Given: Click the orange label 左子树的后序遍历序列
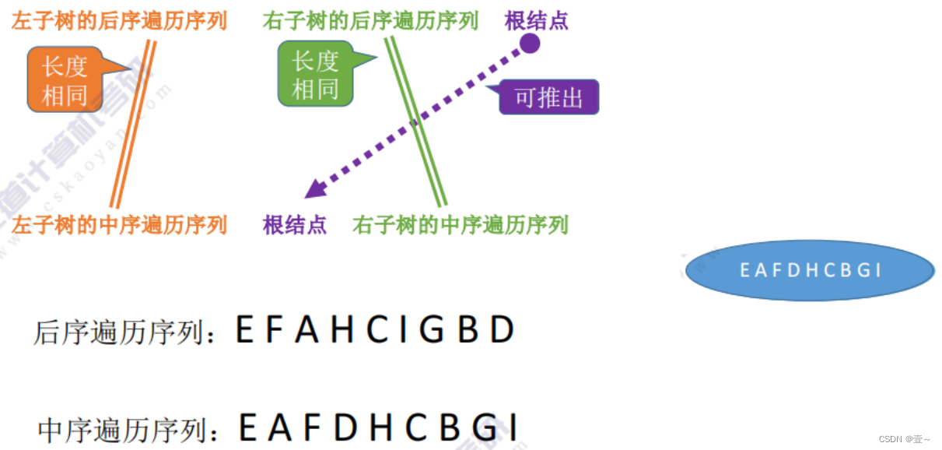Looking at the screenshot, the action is point(119,21).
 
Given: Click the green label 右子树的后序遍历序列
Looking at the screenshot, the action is point(370,21).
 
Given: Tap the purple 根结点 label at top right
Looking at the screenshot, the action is point(536,21).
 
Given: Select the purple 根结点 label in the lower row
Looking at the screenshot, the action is point(295,226).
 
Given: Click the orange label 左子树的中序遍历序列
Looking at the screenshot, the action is point(119,226).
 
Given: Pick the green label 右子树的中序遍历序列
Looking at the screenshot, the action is point(460,226).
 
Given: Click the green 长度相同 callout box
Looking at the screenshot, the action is point(315,75).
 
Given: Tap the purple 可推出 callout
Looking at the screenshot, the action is point(548,98).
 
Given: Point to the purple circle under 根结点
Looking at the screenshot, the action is point(530,43).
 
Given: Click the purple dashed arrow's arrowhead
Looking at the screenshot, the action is point(313,189).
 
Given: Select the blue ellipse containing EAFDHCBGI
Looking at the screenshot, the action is point(810,270).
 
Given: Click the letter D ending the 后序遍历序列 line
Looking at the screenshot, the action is point(502,331).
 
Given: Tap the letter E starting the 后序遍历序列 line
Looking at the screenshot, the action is point(245,331).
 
